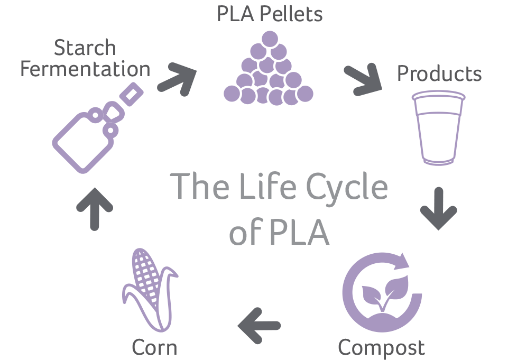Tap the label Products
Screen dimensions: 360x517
click(x=439, y=74)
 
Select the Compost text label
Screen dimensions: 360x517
click(x=381, y=347)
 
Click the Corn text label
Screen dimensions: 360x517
click(x=154, y=347)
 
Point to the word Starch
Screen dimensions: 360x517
click(x=85, y=48)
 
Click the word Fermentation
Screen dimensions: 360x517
click(x=86, y=69)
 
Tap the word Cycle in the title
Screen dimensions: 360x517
click(x=348, y=188)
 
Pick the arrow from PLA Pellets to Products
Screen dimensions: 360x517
click(x=363, y=80)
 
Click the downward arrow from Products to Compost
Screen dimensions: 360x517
click(x=439, y=208)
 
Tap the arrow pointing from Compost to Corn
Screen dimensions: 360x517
click(x=258, y=325)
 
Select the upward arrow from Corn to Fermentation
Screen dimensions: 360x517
click(x=95, y=208)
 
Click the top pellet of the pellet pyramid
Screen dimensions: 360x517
click(x=271, y=39)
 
